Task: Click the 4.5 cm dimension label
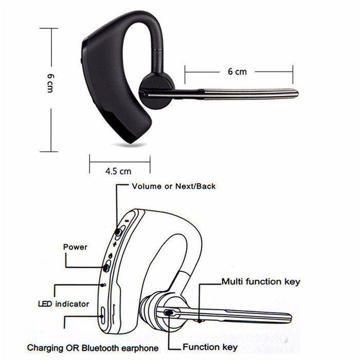coord(118,171)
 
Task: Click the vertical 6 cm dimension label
coord(50,83)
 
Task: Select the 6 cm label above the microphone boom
coord(237,71)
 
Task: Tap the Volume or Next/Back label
coord(174,186)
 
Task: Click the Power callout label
coord(75,247)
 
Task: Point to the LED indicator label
coord(64,304)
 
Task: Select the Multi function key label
coord(261,282)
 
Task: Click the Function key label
coord(210,347)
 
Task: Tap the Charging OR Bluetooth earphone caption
coord(93,348)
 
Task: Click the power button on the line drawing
coord(106,268)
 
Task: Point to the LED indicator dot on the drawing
coord(103,285)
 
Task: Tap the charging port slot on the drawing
coord(103,316)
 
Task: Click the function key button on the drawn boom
coord(169,313)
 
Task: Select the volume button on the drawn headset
coord(118,232)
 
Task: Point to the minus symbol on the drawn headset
coord(127,221)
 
